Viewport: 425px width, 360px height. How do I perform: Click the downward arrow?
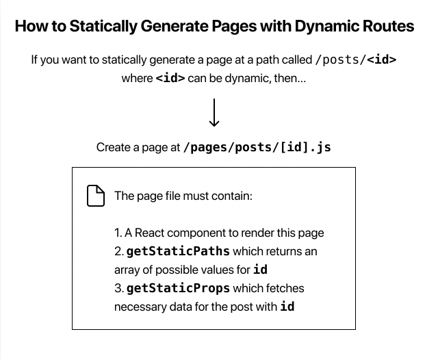click(x=214, y=113)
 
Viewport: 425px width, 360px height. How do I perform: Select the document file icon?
click(x=96, y=196)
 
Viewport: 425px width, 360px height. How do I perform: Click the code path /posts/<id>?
click(x=356, y=60)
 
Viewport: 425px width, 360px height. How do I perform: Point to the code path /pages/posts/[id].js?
click(x=257, y=147)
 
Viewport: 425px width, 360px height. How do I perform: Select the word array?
click(x=128, y=270)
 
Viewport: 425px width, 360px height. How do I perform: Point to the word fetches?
click(x=268, y=288)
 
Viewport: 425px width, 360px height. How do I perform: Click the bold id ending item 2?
click(x=260, y=270)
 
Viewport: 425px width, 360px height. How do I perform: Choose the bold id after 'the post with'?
click(x=287, y=307)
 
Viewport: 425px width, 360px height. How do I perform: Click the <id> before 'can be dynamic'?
click(x=170, y=78)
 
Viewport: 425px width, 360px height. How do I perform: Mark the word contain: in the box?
click(x=232, y=196)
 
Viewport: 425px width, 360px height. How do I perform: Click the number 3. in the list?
click(x=119, y=288)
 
